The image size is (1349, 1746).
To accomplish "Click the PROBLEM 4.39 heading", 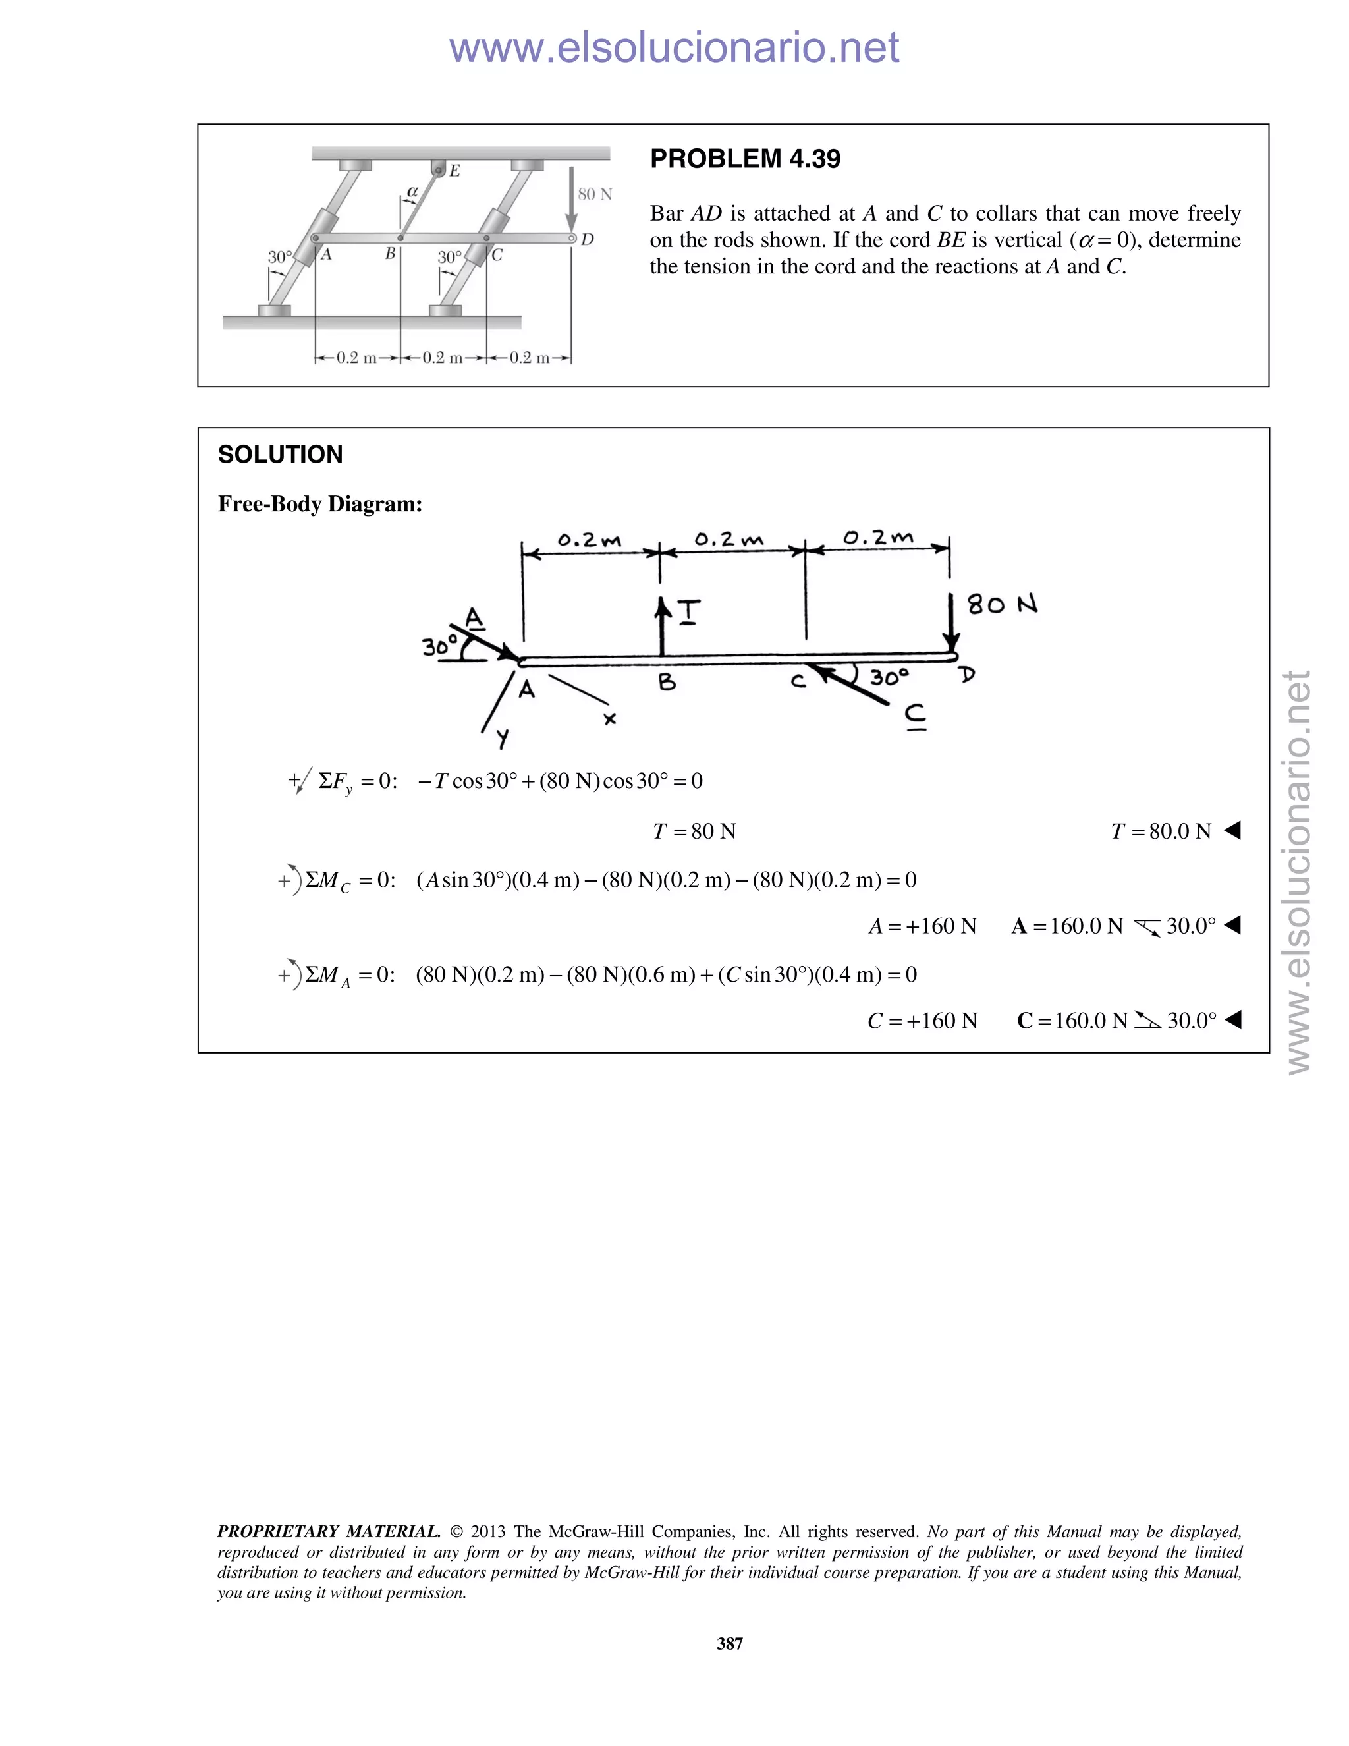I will (x=745, y=159).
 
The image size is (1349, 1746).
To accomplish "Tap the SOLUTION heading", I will (x=280, y=454).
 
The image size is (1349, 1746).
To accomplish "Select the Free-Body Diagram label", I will (x=319, y=505).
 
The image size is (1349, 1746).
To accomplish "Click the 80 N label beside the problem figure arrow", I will (x=595, y=194).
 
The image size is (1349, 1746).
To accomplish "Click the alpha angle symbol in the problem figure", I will (x=412, y=192).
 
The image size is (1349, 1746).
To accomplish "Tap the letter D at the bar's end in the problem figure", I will (x=588, y=239).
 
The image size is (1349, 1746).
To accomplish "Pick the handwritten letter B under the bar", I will (x=667, y=682).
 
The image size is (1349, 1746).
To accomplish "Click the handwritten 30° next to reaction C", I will (x=889, y=678).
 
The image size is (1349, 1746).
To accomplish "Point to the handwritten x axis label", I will (x=610, y=719).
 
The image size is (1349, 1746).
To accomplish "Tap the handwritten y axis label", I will (x=502, y=739).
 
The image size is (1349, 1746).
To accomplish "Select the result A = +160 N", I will (x=922, y=926).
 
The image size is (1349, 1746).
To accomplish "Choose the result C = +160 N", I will (x=922, y=1021).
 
